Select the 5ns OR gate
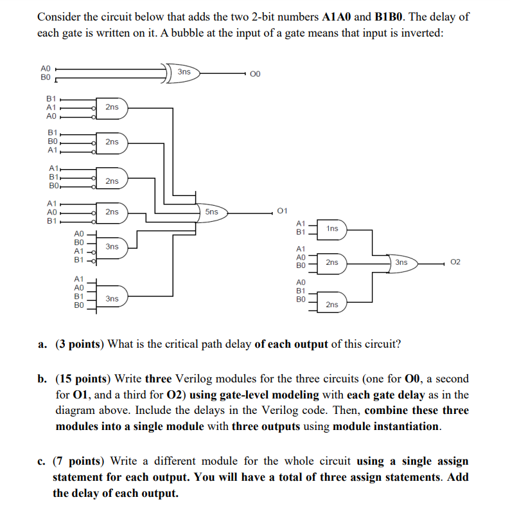[x=212, y=211]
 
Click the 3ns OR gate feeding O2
[x=401, y=262]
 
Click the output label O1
[x=283, y=210]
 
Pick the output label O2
[x=455, y=262]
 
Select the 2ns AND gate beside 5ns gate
[x=112, y=211]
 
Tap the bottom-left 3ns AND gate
[x=112, y=299]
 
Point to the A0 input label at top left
[x=45, y=67]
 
